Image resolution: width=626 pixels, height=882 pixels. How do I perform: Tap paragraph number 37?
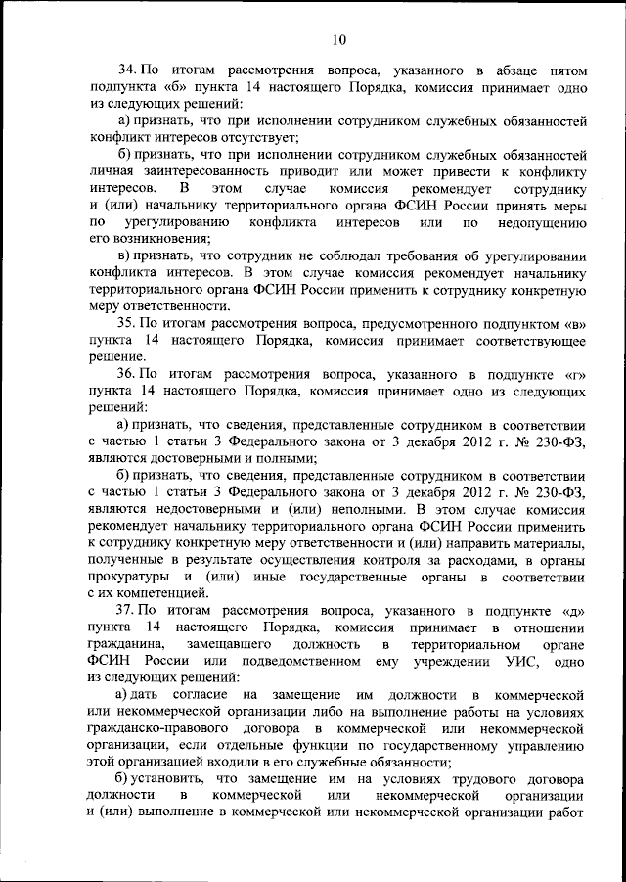[x=128, y=609]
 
